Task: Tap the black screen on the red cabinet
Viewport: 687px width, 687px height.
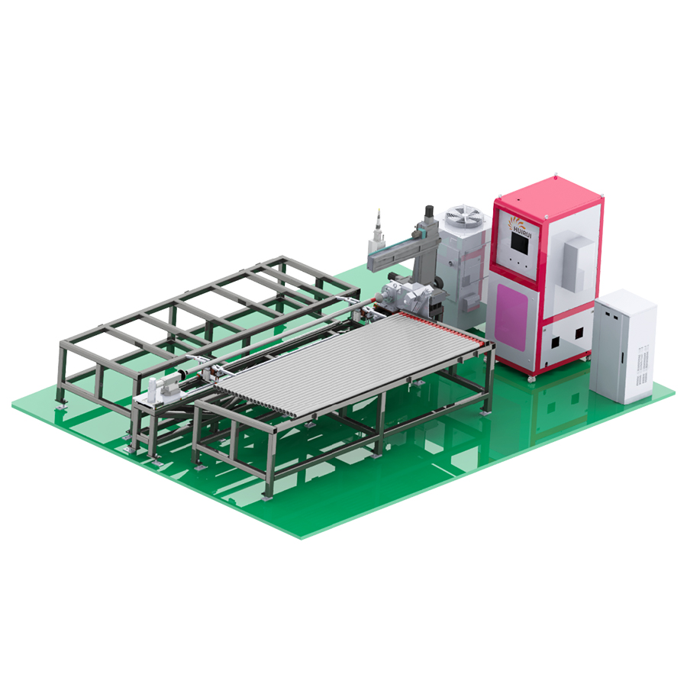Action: coord(520,242)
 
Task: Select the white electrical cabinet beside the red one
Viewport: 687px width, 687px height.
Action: coord(624,346)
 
